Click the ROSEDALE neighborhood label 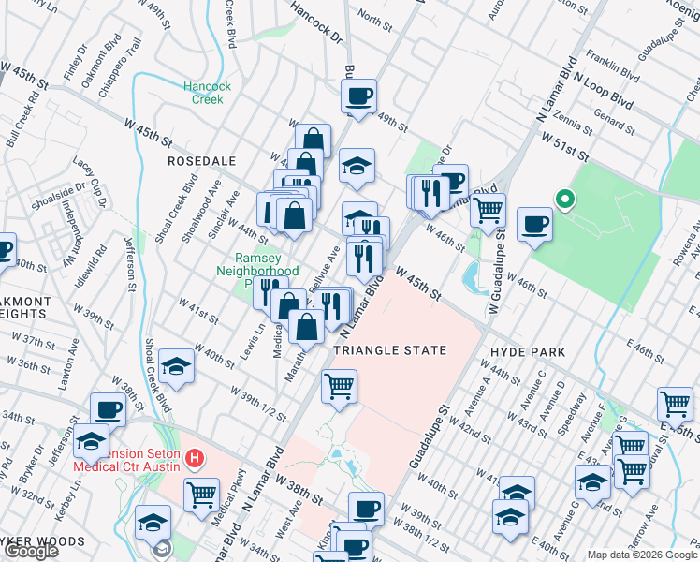201,161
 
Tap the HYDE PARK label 528,351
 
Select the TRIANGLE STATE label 388,349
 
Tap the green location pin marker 563,199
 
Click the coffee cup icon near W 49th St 359,95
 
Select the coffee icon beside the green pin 534,224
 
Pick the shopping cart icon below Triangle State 339,385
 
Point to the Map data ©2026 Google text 630,554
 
